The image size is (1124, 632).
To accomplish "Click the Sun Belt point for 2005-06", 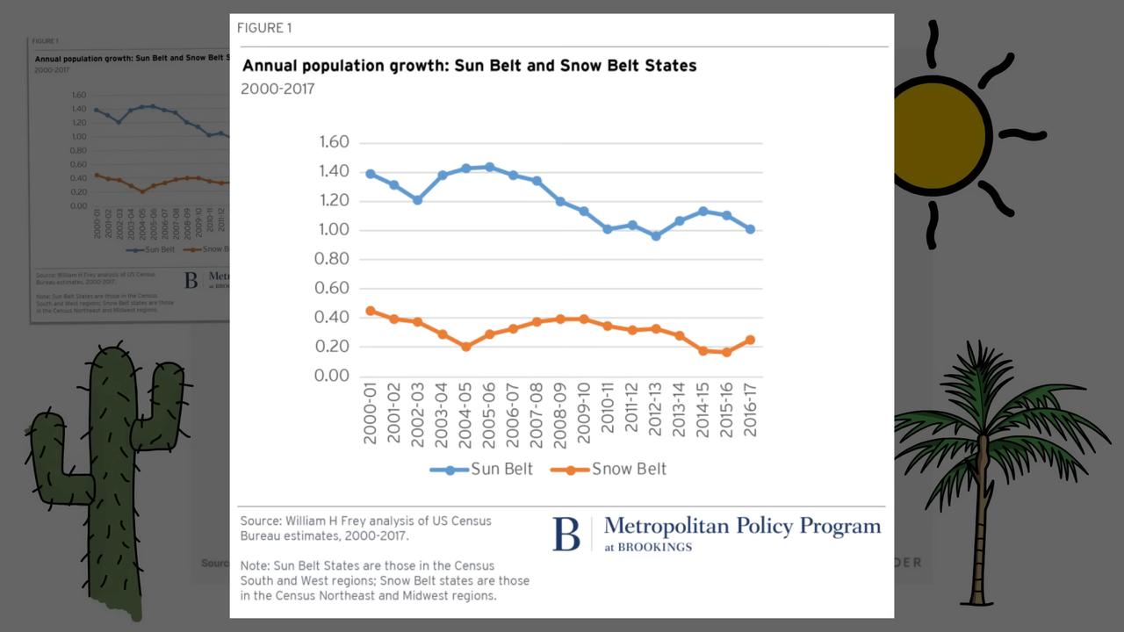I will click(x=490, y=167).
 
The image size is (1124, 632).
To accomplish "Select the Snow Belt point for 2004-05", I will click(x=465, y=347).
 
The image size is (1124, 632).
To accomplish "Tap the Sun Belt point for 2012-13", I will click(x=655, y=236).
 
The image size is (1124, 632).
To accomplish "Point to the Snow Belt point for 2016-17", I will click(x=750, y=340).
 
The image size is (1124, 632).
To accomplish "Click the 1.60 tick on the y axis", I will click(x=332, y=142).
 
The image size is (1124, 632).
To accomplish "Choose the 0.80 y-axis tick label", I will click(x=332, y=259).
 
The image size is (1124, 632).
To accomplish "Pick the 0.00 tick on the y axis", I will click(x=332, y=376).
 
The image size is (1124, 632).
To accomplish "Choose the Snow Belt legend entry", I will click(x=609, y=470).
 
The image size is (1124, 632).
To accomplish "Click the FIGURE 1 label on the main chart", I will click(x=264, y=28).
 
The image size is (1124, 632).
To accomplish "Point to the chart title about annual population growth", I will click(x=469, y=66).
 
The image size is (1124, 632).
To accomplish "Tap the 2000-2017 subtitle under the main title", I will click(x=277, y=89).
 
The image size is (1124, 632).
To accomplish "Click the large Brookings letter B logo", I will click(x=566, y=534).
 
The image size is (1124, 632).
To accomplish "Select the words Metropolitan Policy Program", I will click(x=742, y=526).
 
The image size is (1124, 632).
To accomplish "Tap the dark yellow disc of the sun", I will click(x=940, y=136).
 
